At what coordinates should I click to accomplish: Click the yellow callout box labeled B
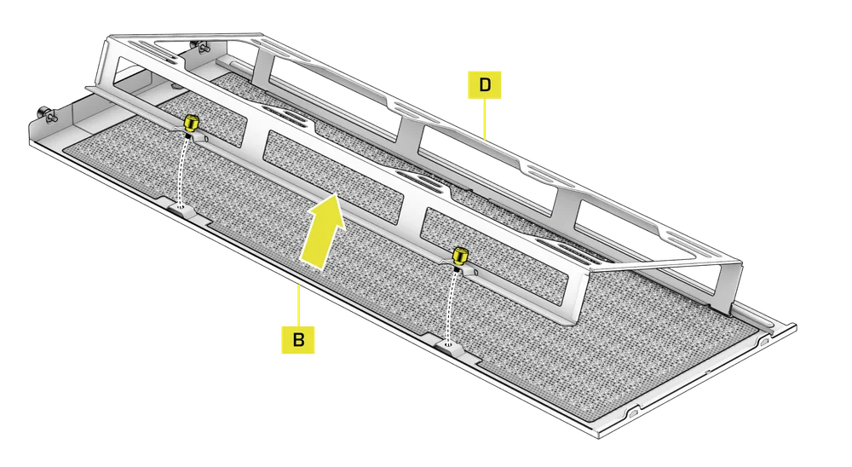pyautogui.click(x=297, y=339)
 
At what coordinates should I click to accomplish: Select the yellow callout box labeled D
pyautogui.click(x=484, y=85)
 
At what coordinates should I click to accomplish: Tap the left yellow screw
pyautogui.click(x=192, y=123)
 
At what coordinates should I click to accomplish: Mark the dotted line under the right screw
pyautogui.click(x=451, y=303)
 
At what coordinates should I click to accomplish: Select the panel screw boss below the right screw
pyautogui.click(x=450, y=344)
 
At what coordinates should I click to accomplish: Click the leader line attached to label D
pyautogui.click(x=484, y=119)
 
